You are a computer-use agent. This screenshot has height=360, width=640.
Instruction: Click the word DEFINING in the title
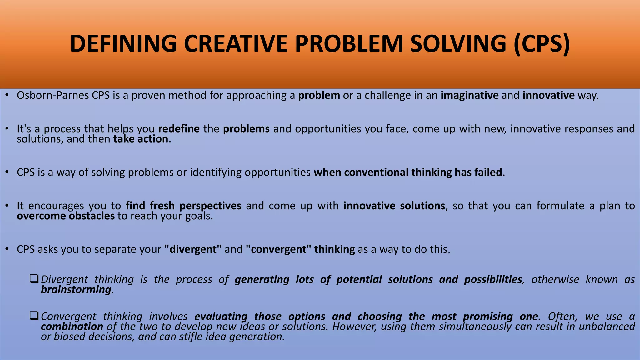(x=123, y=44)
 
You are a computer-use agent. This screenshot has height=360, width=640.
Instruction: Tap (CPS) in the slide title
(x=542, y=44)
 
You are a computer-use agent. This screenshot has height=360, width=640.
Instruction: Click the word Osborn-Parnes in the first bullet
(x=53, y=95)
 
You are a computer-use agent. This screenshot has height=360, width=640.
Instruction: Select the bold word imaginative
(x=469, y=95)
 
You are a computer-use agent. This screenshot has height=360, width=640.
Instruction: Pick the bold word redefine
(x=179, y=129)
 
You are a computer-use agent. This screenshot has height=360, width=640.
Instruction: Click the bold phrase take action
(x=141, y=139)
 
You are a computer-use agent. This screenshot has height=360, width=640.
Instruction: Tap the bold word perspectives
(x=210, y=206)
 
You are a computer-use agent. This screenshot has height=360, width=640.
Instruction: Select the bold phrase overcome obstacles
(x=66, y=216)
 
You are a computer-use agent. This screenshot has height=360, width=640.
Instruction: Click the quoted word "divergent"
(x=192, y=249)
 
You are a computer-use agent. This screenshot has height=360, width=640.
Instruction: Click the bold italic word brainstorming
(x=76, y=290)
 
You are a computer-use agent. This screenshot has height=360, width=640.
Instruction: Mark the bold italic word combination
(x=72, y=327)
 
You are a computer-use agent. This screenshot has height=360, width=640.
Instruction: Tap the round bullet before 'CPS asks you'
(x=7, y=249)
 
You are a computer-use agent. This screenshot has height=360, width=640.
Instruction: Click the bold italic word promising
(x=487, y=317)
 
